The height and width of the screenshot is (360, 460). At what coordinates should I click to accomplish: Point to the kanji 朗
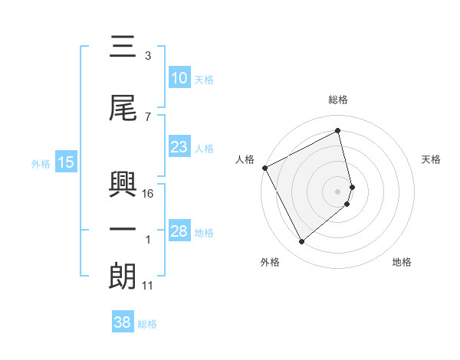123,275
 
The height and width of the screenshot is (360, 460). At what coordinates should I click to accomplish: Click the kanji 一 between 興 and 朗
123,228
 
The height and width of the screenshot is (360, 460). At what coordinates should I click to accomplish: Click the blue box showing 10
179,78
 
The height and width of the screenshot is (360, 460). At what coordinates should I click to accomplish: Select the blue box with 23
179,147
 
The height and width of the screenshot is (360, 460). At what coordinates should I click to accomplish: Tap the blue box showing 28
179,231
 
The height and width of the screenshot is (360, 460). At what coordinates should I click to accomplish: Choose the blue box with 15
65,162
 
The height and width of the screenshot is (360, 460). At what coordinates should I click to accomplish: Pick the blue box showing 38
122,323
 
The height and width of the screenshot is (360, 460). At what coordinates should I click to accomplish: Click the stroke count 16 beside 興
148,194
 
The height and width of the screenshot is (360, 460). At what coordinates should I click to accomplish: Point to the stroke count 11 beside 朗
148,286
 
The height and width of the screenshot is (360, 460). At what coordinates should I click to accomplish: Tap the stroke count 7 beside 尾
147,116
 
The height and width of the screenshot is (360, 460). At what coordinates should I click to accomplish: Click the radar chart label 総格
338,100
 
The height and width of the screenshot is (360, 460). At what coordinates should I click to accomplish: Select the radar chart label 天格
431,159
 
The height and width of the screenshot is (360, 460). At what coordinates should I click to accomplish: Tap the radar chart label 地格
402,262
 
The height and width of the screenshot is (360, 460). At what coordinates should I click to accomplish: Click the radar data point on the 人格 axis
264,168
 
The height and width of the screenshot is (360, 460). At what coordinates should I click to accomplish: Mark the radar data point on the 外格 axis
301,242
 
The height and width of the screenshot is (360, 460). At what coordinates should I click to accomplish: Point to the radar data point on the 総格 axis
338,131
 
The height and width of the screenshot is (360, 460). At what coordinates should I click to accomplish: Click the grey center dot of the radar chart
338,191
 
